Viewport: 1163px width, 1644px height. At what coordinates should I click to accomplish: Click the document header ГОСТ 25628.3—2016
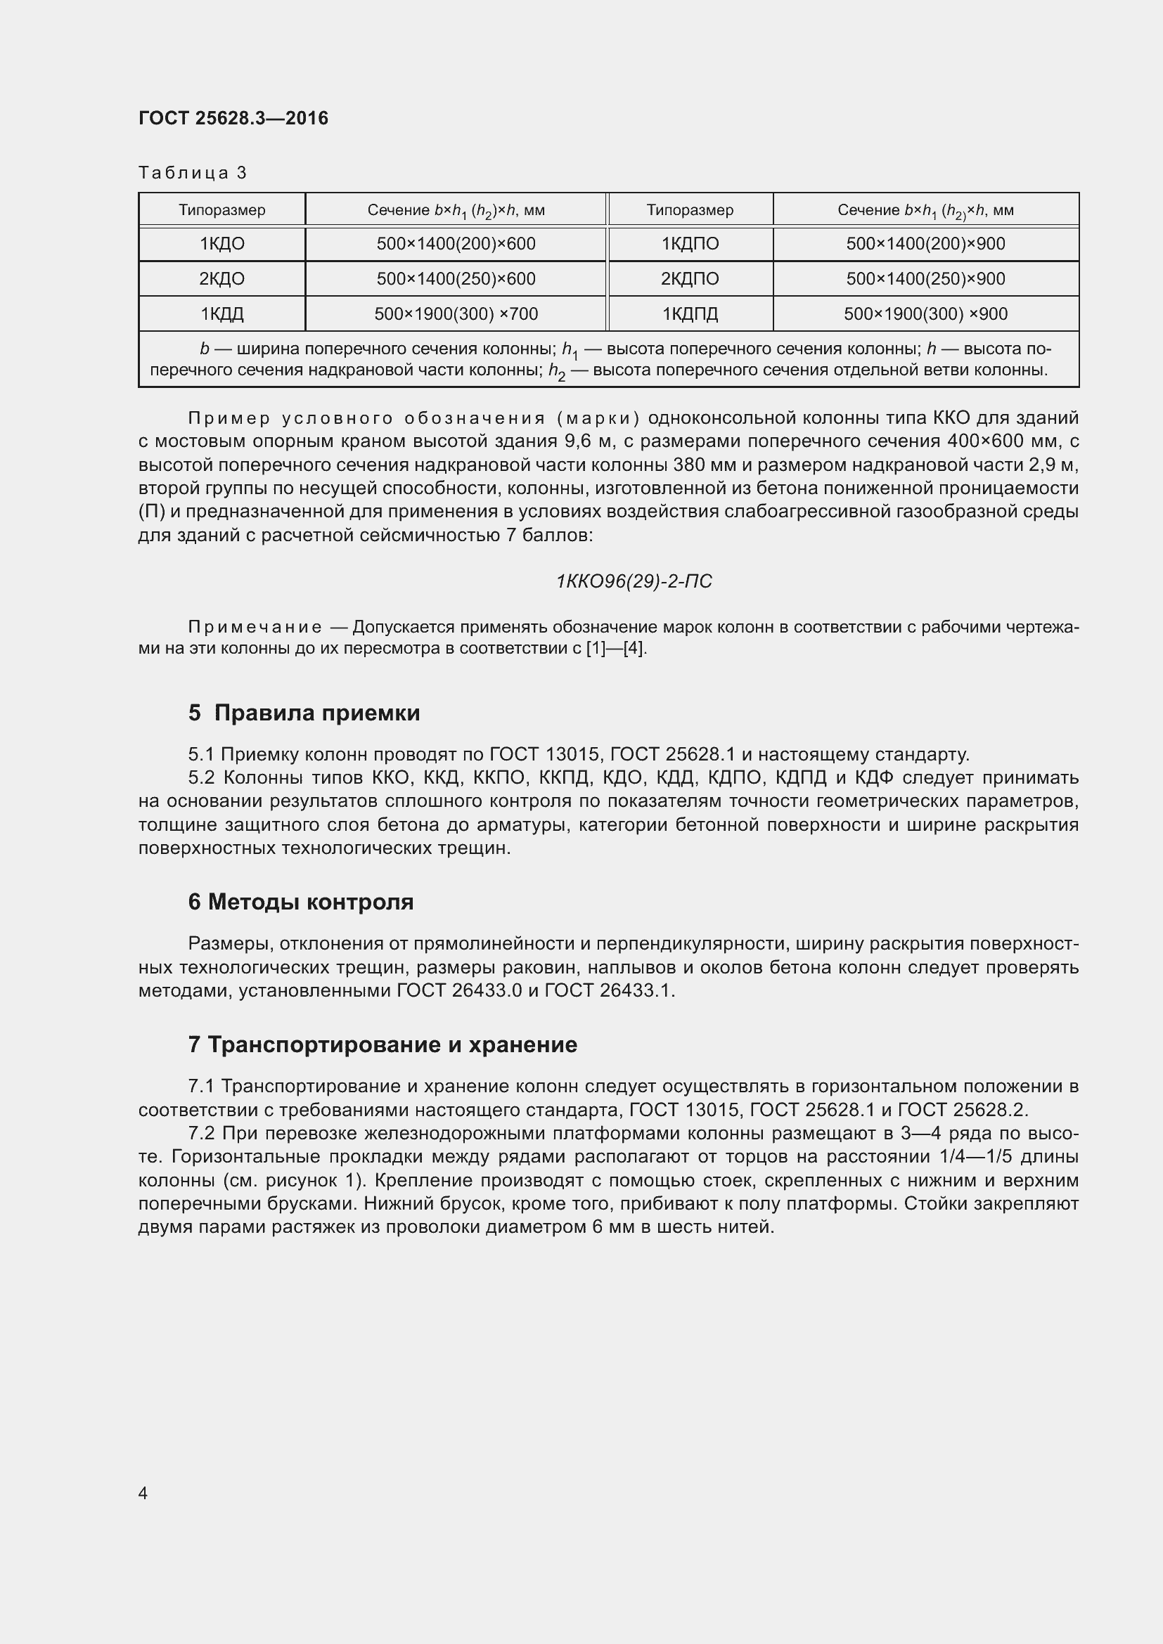(233, 118)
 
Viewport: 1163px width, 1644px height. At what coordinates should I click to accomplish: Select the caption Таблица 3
(192, 173)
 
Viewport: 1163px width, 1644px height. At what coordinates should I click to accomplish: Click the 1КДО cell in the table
(222, 244)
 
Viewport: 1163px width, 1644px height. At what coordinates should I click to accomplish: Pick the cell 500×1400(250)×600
(456, 278)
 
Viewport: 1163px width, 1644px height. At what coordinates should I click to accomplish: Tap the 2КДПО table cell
(690, 278)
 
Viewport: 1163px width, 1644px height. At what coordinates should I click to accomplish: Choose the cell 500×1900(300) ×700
(456, 313)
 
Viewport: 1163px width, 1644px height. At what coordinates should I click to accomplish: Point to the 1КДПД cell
(690, 313)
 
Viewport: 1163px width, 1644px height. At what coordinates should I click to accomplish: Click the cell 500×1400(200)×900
(925, 244)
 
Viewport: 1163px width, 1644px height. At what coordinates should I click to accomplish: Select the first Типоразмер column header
(222, 209)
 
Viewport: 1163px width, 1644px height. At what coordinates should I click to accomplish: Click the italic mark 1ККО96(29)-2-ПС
(634, 581)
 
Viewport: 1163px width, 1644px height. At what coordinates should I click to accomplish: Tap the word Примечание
(255, 627)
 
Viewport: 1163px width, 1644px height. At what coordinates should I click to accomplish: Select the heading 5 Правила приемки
(304, 713)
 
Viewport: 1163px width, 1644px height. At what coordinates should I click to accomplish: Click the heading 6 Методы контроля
(301, 902)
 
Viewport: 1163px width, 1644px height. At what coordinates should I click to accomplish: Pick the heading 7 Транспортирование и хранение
(383, 1044)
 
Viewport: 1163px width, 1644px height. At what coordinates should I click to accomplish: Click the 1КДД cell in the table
(222, 313)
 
